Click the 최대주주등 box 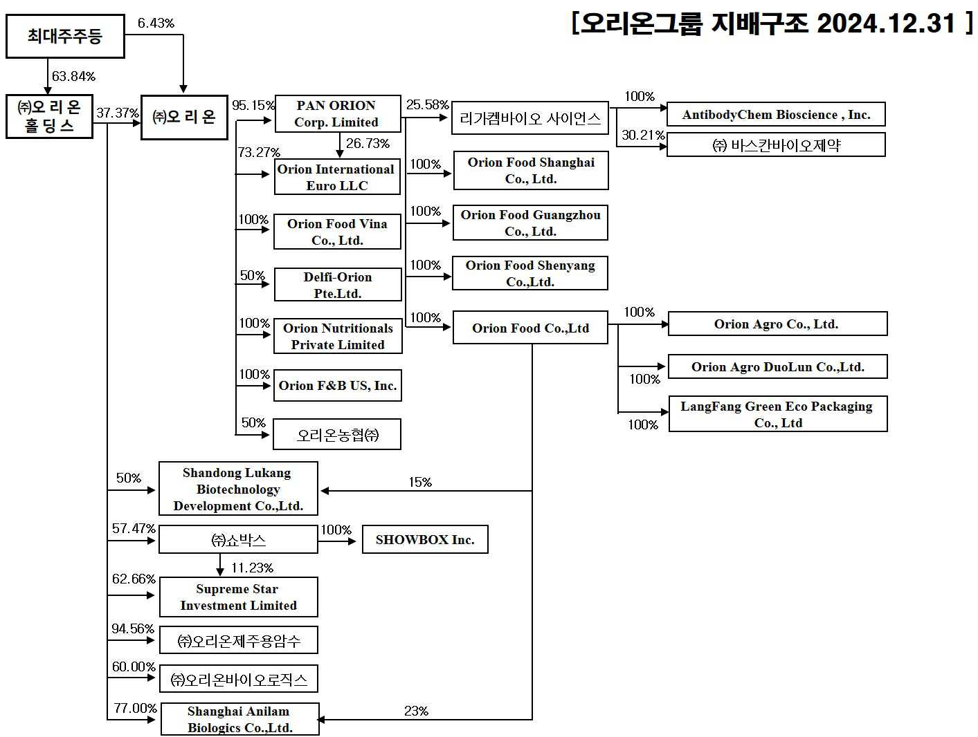click(65, 37)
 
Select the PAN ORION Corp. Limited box click(337, 114)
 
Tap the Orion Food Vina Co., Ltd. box click(337, 232)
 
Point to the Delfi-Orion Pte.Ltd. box click(338, 285)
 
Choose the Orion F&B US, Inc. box click(338, 386)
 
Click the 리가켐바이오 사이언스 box click(530, 119)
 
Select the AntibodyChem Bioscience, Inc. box click(776, 115)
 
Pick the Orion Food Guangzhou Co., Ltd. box click(530, 223)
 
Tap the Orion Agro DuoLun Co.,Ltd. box click(777, 367)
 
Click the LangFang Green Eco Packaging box click(777, 414)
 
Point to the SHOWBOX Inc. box click(425, 540)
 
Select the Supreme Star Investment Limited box click(239, 597)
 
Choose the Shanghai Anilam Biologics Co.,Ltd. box click(240, 719)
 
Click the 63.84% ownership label click(74, 76)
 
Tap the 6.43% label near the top click(156, 24)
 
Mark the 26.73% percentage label click(368, 144)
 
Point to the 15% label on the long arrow click(420, 482)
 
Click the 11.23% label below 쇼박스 click(252, 568)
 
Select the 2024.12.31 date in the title click(886, 24)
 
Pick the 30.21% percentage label click(642, 136)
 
